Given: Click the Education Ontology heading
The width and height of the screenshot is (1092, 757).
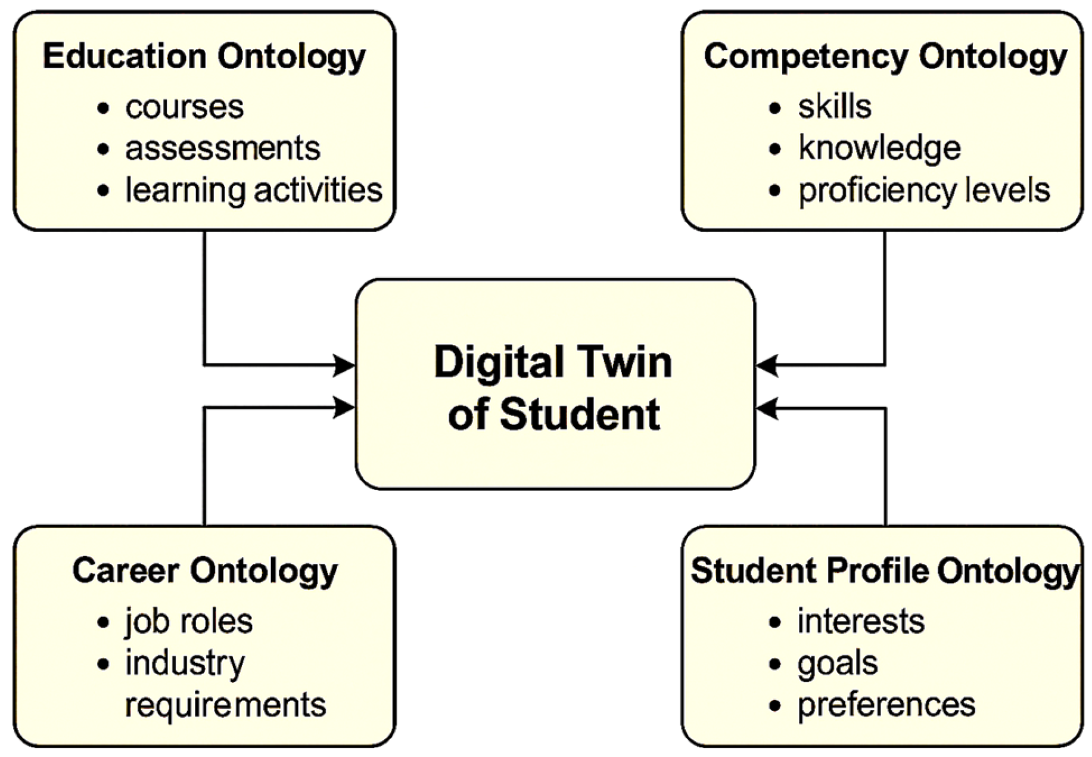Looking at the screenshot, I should pos(204,57).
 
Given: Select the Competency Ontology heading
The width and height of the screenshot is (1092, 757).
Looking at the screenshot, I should pos(885,57).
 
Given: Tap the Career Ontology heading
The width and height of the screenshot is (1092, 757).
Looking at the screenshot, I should pos(205,570).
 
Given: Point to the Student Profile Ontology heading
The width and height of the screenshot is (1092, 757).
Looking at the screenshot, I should pos(885,570).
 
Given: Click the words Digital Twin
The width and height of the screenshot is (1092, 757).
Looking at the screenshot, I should pos(553,362).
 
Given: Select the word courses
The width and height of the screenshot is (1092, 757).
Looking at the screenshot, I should pos(184,107).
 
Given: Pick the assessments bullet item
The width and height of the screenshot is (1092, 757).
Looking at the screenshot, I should pos(223,148).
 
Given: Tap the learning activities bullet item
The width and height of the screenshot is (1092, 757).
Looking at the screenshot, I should pos(254,190).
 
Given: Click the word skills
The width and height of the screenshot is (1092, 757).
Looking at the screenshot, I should pos(835,107).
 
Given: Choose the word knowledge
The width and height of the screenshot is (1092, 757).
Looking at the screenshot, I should pos(879,148).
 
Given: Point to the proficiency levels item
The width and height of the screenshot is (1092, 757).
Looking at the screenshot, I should pos(924,190).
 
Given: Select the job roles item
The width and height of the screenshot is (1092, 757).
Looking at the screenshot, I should pos(189,621).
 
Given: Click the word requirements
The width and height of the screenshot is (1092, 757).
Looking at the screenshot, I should pos(225,705).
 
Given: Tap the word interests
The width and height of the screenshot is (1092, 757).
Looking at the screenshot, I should pos(861,621).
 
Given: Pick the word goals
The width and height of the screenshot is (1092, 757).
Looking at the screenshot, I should pos(838,663).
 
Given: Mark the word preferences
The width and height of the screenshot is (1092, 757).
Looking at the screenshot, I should pos(886,705).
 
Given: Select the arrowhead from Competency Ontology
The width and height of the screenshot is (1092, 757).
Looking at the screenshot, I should pos(766,365).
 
